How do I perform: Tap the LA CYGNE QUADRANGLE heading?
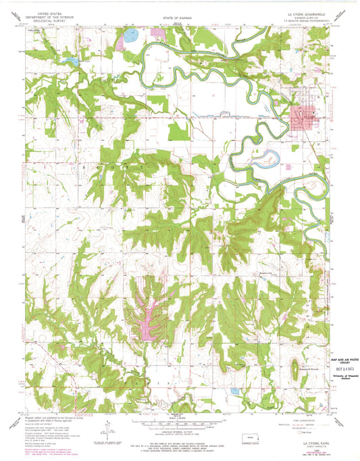[303, 13]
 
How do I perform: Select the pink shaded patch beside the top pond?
[122, 43]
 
